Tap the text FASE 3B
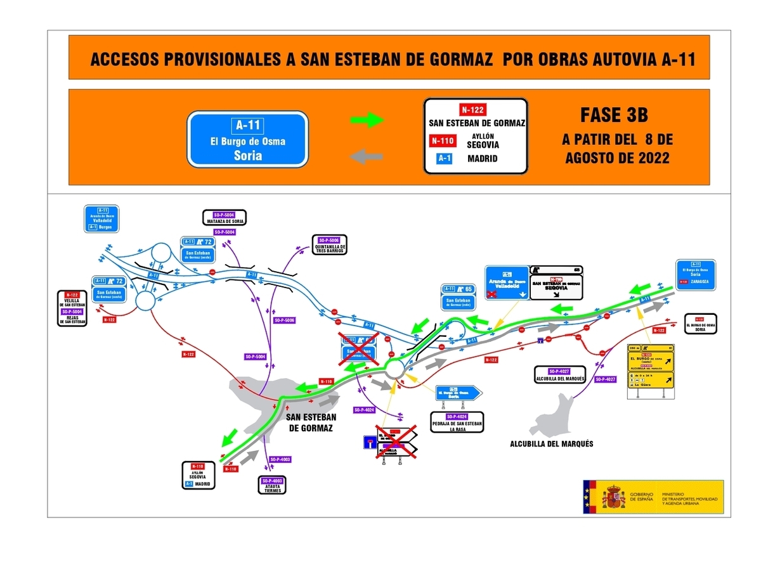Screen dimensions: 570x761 614,116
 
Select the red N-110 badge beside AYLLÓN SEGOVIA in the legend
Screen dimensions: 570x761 441,141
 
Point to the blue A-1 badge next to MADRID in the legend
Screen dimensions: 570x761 442,158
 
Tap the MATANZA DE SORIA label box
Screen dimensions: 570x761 224,217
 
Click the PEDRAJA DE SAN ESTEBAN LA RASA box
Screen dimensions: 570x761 457,422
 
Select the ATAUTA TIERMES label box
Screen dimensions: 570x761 272,485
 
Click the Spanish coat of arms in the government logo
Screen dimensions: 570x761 613,496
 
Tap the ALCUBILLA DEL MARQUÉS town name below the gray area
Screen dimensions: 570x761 552,444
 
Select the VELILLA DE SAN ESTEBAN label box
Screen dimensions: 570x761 72,308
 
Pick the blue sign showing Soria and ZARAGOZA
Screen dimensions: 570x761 696,274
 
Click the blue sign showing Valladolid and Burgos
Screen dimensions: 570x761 103,218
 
